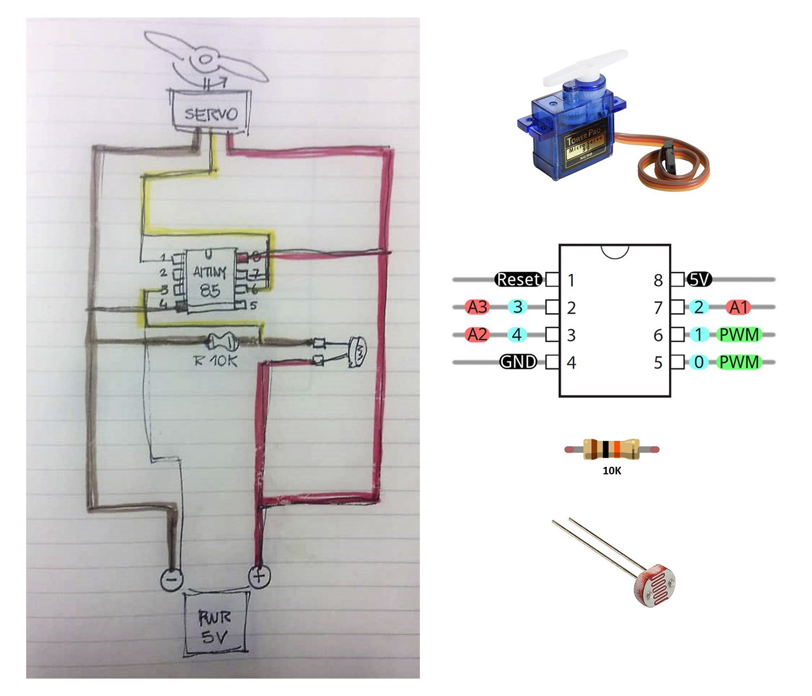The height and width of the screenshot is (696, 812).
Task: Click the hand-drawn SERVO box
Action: [210, 112]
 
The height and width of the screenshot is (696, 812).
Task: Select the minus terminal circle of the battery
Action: [172, 579]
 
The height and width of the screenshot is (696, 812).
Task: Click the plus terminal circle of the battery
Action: [259, 577]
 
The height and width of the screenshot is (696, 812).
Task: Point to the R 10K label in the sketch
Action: [215, 361]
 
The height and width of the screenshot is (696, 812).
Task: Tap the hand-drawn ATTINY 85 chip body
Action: [210, 281]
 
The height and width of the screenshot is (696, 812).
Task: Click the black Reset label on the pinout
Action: [518, 280]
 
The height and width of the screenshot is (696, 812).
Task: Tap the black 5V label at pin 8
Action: [699, 280]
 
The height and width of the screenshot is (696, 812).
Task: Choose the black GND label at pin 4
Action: [518, 362]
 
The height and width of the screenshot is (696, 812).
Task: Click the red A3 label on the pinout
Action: [477, 307]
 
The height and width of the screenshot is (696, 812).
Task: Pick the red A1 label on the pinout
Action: [738, 307]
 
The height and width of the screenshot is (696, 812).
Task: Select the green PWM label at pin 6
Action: [739, 335]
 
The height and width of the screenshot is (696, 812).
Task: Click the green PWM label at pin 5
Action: [739, 362]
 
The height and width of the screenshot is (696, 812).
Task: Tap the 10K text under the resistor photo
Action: [612, 471]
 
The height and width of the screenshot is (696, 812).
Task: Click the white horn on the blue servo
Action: [586, 67]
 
